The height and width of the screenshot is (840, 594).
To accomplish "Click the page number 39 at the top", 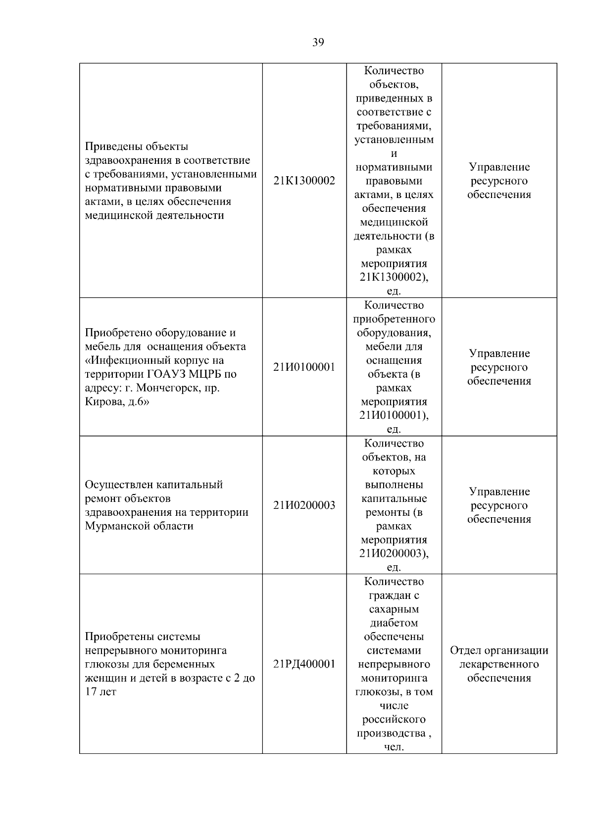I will pos(318,42).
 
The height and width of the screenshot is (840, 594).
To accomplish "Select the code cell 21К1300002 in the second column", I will pos(304,181).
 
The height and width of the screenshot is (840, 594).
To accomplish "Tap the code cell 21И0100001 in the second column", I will pos(304,367).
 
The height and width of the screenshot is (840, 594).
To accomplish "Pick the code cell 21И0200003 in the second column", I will pos(304,505).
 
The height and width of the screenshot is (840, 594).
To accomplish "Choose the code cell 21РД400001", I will pos(304,664).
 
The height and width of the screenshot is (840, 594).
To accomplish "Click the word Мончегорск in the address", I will pos(168,388).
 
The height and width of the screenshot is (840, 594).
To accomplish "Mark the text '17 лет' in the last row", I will pos(100,692).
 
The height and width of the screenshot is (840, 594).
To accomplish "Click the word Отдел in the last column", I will pos(465,650).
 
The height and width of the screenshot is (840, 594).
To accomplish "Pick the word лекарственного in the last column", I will pos(499,664).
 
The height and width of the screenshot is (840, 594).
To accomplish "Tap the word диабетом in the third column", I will pos(394,623).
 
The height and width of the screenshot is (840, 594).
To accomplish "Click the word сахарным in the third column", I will pos(394,609).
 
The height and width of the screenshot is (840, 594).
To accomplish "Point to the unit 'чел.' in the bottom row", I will pos(394,747).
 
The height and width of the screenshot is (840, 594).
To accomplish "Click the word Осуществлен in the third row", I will pos(119,485).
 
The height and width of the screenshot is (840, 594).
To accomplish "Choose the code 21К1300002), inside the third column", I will pos(394,277).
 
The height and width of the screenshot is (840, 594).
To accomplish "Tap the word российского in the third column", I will pos(394,719).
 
